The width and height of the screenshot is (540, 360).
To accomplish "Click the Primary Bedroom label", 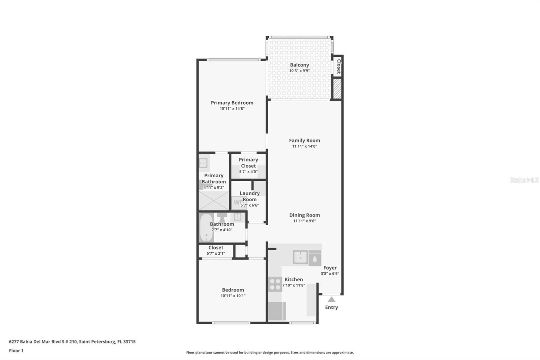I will point(232,103).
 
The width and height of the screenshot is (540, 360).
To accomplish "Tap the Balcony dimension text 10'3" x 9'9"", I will point(299,71).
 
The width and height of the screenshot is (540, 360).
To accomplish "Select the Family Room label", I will point(304,140).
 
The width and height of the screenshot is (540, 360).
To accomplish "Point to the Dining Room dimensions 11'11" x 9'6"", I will point(304,221).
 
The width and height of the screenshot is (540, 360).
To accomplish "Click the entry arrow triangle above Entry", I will point(331,299).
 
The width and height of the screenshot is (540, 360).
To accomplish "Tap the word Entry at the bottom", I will point(331,307).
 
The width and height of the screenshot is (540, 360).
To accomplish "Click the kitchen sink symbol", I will point(300,257).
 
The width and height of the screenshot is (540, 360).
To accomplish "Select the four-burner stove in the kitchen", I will point(275,284).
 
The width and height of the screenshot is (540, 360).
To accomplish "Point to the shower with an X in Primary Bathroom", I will point(214,201).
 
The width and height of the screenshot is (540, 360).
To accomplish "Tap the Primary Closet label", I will point(248,163).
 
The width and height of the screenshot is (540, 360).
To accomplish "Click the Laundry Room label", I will point(249,196).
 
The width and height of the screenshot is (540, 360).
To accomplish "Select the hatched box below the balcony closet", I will point(337,88).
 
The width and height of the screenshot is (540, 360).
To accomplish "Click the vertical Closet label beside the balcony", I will point(339,67).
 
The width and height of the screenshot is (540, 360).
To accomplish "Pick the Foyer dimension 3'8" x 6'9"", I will point(330,274).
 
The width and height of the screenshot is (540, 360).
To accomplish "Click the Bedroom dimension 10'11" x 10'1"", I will point(233,296).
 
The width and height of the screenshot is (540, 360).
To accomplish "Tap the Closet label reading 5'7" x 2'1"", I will point(216,253).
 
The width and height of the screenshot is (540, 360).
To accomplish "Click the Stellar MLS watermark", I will point(524,180).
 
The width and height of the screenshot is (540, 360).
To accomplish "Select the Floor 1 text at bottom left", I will point(16,351).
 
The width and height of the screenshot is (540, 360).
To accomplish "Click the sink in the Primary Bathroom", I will point(203,163).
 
